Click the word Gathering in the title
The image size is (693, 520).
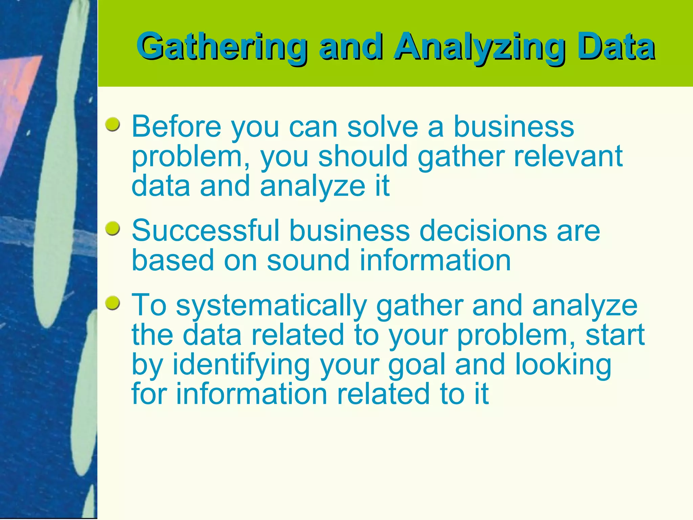click(x=222, y=47)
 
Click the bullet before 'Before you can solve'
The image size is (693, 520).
click(x=113, y=125)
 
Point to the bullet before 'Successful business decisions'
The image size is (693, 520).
click(x=113, y=229)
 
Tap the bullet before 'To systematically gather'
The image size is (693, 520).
click(x=113, y=303)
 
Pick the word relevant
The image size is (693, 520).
click(x=568, y=156)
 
